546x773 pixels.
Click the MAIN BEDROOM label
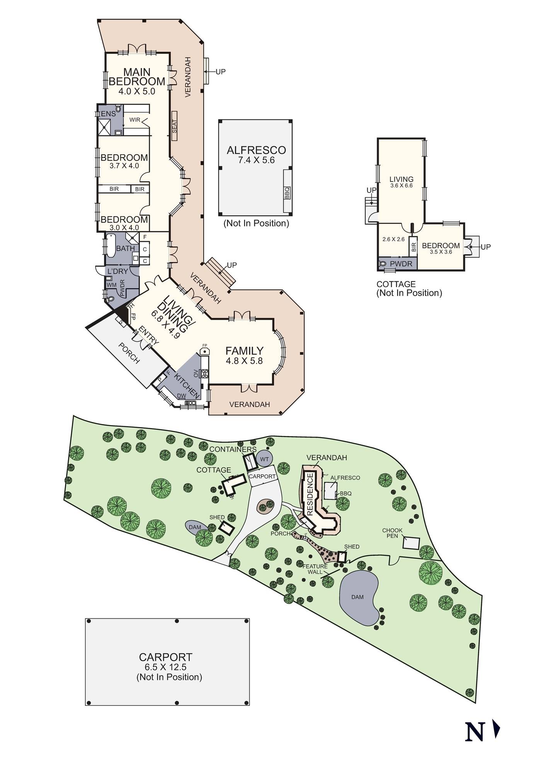[137, 77]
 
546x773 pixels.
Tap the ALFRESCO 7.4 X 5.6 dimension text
[257, 160]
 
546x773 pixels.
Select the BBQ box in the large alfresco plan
[287, 192]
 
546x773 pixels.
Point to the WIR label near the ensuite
[135, 120]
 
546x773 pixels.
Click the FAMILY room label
[245, 351]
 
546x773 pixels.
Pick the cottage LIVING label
[401, 179]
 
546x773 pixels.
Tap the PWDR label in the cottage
[401, 264]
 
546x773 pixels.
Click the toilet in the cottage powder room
[383, 264]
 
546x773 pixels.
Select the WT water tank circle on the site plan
[264, 459]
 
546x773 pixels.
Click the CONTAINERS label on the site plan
[233, 449]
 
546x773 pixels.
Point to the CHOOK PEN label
[392, 533]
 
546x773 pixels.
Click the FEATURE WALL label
[315, 569]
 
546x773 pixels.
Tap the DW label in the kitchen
[181, 396]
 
